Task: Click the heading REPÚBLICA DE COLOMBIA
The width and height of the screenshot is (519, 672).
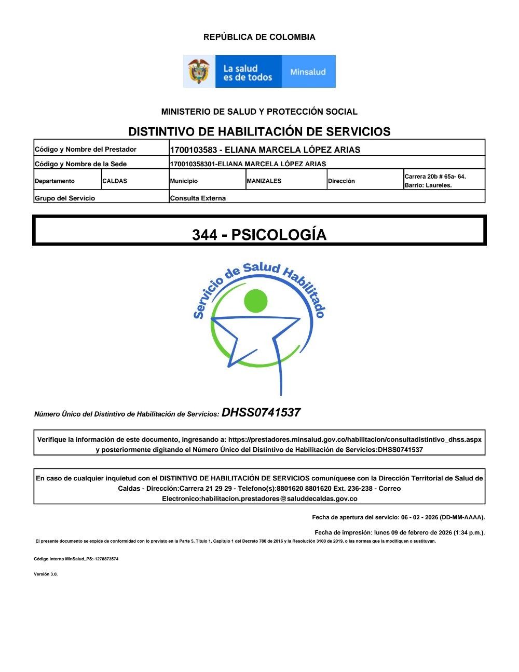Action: pyautogui.click(x=259, y=37)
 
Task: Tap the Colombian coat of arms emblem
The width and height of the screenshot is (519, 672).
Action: pyautogui.click(x=199, y=71)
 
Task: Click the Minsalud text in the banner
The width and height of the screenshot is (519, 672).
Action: pyautogui.click(x=308, y=72)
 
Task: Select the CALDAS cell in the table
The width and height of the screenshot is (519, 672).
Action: pyautogui.click(x=115, y=181)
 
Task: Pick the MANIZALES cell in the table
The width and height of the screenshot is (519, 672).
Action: pyautogui.click(x=264, y=181)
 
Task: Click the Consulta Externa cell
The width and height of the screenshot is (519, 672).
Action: pyautogui.click(x=198, y=198)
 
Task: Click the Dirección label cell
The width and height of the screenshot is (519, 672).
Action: pyautogui.click(x=342, y=181)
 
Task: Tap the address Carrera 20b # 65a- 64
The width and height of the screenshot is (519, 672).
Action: pyautogui.click(x=435, y=177)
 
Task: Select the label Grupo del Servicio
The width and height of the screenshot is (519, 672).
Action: pyautogui.click(x=65, y=198)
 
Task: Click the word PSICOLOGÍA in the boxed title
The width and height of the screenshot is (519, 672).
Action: pyautogui.click(x=279, y=235)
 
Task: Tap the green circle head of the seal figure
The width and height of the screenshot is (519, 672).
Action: pyautogui.click(x=255, y=300)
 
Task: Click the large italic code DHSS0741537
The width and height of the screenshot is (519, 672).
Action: pyautogui.click(x=261, y=413)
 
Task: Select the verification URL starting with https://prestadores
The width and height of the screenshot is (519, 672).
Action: pyautogui.click(x=354, y=439)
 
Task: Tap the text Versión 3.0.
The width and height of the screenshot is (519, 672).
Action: pyautogui.click(x=46, y=574)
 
